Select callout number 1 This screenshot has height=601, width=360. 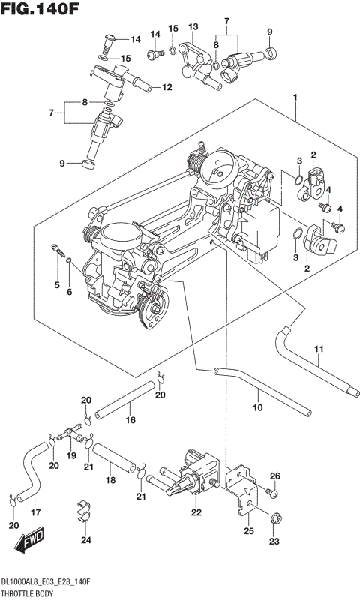pyautogui.click(x=296, y=98)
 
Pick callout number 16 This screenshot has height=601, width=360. pyautogui.click(x=130, y=420)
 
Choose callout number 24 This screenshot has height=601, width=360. pyautogui.click(x=86, y=540)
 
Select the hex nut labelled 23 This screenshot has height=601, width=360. pyautogui.click(x=274, y=518)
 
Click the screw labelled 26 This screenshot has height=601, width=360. pyautogui.click(x=271, y=493)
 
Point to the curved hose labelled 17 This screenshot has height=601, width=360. pyautogui.click(x=30, y=473)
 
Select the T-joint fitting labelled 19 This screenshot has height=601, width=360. pyautogui.click(x=73, y=433)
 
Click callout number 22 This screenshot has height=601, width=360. pyautogui.click(x=196, y=512)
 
